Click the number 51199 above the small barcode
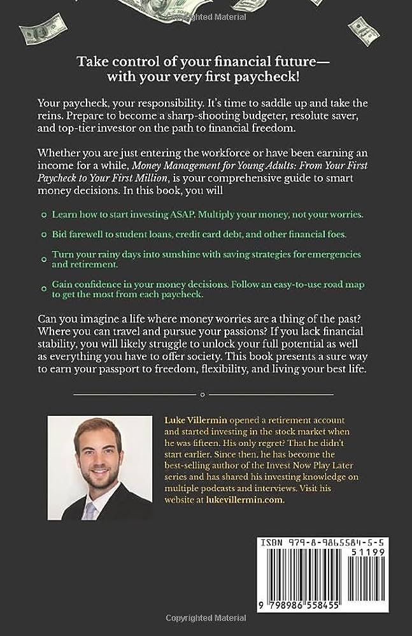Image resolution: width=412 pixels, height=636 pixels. pos(375,555)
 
